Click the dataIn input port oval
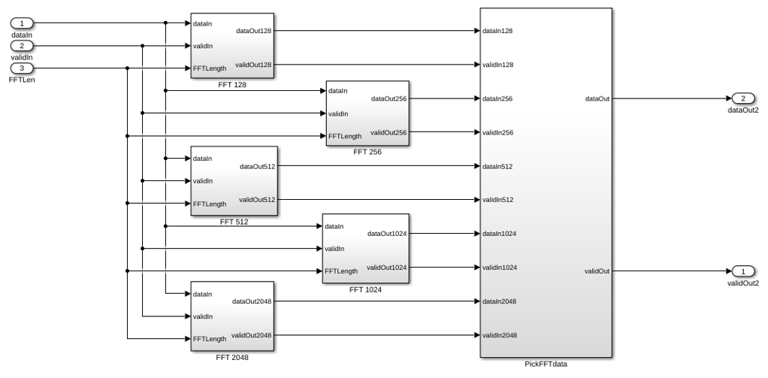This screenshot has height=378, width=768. (22, 23)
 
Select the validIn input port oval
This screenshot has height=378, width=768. (22, 46)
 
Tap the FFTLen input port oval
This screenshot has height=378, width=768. (22, 68)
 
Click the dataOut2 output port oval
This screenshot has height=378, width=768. (743, 98)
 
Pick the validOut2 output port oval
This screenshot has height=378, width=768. (743, 271)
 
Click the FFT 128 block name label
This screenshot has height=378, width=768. (232, 85)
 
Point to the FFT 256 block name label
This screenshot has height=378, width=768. (367, 152)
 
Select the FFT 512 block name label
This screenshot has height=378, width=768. (234, 222)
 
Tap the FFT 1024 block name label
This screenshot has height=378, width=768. (365, 289)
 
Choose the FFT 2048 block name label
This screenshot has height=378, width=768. (232, 358)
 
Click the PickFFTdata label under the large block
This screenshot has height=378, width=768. (546, 364)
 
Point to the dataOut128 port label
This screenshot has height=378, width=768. (254, 30)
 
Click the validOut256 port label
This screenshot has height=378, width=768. (389, 132)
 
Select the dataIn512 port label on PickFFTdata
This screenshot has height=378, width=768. (497, 167)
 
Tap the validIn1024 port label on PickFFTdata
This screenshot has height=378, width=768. (500, 268)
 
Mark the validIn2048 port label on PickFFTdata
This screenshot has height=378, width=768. (500, 335)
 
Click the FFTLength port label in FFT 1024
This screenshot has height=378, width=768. (341, 271)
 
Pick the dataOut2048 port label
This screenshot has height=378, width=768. (252, 301)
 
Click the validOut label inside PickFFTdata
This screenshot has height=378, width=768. (597, 271)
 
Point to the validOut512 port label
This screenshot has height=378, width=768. (257, 200)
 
